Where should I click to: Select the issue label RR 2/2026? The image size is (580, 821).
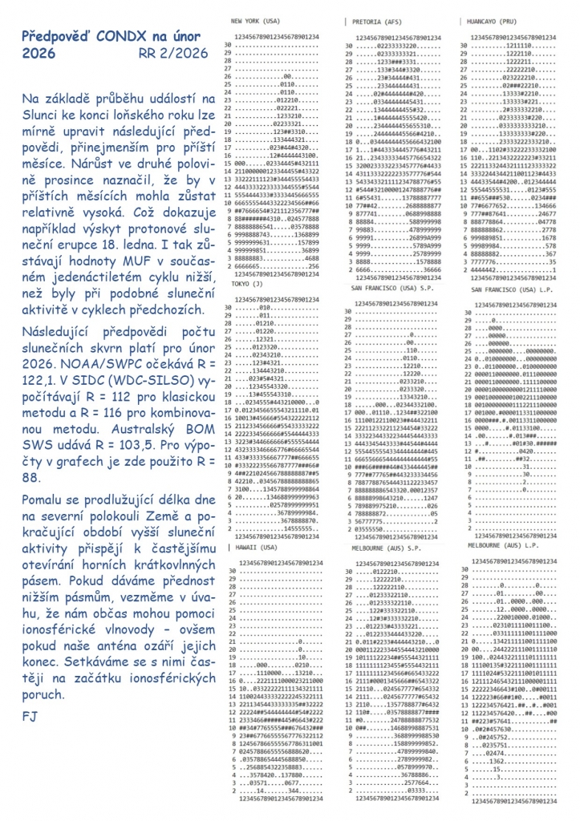[x=176, y=54]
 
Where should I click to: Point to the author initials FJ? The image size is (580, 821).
[x=30, y=714]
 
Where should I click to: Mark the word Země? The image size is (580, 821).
[x=135, y=544]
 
